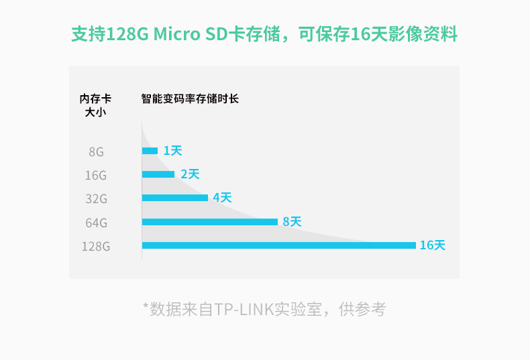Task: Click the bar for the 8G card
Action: pyautogui.click(x=150, y=151)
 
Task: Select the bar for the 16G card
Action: pyautogui.click(x=158, y=174)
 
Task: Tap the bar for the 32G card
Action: pyautogui.click(x=175, y=198)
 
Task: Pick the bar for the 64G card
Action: pyautogui.click(x=210, y=221)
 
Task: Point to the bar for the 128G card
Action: pyautogui.click(x=278, y=245)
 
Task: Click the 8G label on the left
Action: pyautogui.click(x=96, y=152)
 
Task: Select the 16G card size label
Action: pyautogui.click(x=96, y=175)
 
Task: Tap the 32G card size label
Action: pyautogui.click(x=96, y=198)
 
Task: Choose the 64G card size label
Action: pyautogui.click(x=96, y=222)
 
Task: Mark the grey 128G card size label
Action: pyautogui.click(x=95, y=246)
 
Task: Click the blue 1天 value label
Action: pyautogui.click(x=172, y=151)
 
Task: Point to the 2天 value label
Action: pyautogui.click(x=190, y=174)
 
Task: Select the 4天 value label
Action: pyautogui.click(x=222, y=198)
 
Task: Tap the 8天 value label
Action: pyautogui.click(x=292, y=221)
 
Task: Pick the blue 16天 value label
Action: pyautogui.click(x=432, y=245)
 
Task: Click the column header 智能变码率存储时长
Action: pyautogui.click(x=190, y=99)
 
